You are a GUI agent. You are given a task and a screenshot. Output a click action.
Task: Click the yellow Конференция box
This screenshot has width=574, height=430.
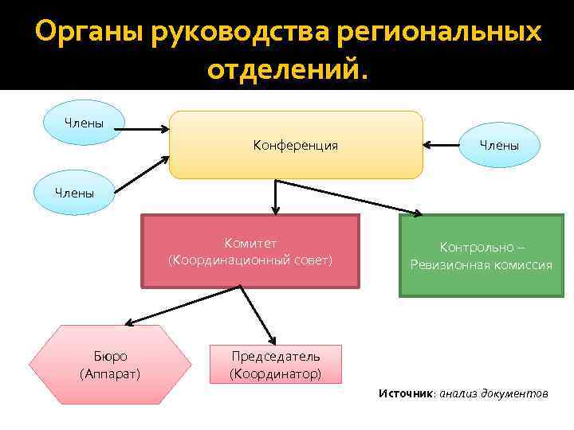tap(295, 145)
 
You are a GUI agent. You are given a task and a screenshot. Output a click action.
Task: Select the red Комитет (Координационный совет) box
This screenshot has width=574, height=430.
tap(250, 251)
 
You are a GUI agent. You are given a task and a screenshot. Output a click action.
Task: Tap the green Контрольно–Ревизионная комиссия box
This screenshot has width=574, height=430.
tap(481, 255)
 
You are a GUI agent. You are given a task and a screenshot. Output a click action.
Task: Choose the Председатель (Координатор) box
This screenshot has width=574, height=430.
tap(275, 364)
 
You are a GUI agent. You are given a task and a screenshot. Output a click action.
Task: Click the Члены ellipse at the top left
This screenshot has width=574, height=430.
tap(84, 122)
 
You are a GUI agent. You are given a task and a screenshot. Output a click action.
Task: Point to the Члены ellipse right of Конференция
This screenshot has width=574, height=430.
tap(500, 145)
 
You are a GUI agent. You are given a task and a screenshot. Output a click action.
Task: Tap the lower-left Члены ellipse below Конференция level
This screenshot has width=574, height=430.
tap(74, 192)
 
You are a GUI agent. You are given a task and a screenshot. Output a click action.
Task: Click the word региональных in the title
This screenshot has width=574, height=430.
tap(439, 33)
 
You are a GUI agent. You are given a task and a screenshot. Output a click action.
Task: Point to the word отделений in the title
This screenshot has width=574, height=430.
tap(283, 70)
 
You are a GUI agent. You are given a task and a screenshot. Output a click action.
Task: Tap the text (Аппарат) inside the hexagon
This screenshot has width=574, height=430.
tap(110, 373)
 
